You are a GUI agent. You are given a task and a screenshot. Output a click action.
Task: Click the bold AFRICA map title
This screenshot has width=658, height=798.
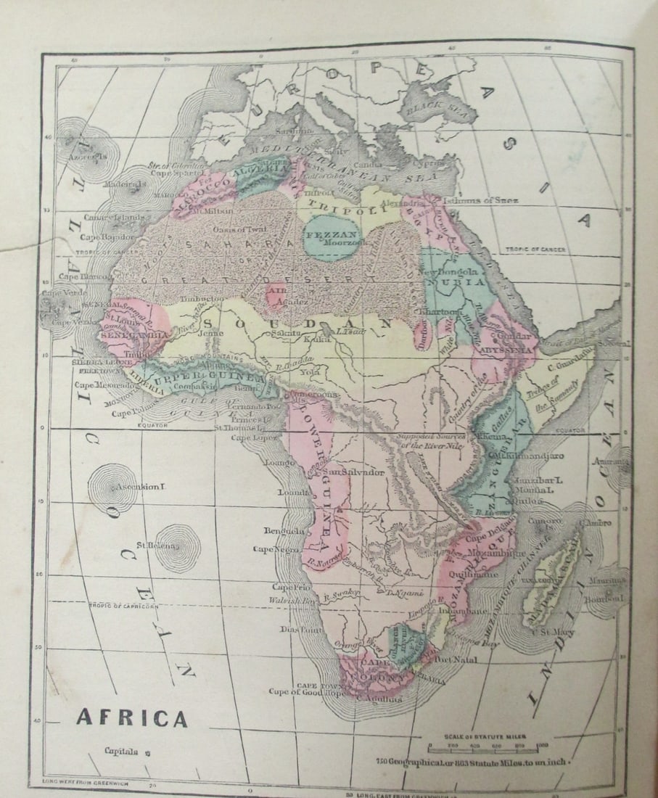132,718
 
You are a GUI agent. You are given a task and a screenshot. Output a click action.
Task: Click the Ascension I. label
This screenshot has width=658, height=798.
139,486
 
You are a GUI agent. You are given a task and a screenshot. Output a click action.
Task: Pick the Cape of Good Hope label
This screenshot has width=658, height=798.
308,691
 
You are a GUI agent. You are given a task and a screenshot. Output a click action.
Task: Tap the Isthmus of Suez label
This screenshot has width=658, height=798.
480,200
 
